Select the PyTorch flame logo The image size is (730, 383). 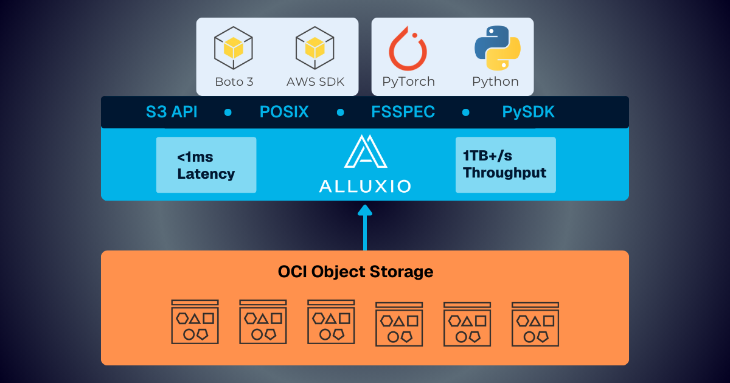pos(408,48)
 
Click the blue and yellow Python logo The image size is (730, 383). pos(497,47)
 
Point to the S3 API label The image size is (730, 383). pos(172,112)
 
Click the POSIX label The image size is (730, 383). pos(284,112)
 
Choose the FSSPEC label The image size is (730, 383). pos(403,112)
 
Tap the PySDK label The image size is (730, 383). pos(528,112)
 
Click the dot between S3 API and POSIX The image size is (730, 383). pos(228,112)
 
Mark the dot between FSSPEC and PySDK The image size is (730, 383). pos(466,112)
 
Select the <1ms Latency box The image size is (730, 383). pos(206,165)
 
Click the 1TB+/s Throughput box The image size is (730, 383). pos(506,165)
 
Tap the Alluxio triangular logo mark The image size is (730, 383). pos(365,151)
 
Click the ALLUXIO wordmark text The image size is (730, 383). pos(365,185)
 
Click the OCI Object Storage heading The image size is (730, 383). pos(356,271)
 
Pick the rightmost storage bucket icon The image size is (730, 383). pos(535,322)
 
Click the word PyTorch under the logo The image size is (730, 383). pos(408,81)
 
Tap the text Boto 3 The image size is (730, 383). pos(234,81)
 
